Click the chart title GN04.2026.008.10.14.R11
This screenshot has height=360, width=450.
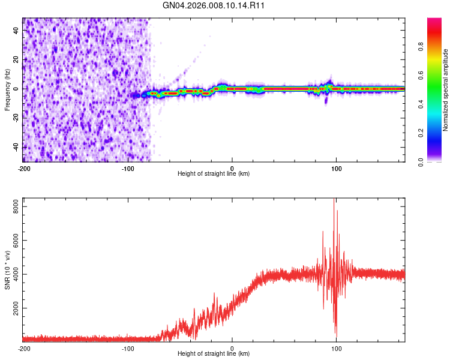point(214,5)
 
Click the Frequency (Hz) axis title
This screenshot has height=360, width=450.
point(7,90)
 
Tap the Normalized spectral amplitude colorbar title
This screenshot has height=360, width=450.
point(445,90)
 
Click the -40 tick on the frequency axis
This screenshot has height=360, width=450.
point(16,147)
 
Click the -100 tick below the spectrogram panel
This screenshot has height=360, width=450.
point(127,169)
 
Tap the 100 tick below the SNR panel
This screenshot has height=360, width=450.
point(337,348)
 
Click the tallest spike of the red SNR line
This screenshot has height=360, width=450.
point(334,199)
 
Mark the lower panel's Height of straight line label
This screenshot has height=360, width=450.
point(214,353)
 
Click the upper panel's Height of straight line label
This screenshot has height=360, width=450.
point(214,174)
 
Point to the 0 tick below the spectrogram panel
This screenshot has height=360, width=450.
point(232,169)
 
